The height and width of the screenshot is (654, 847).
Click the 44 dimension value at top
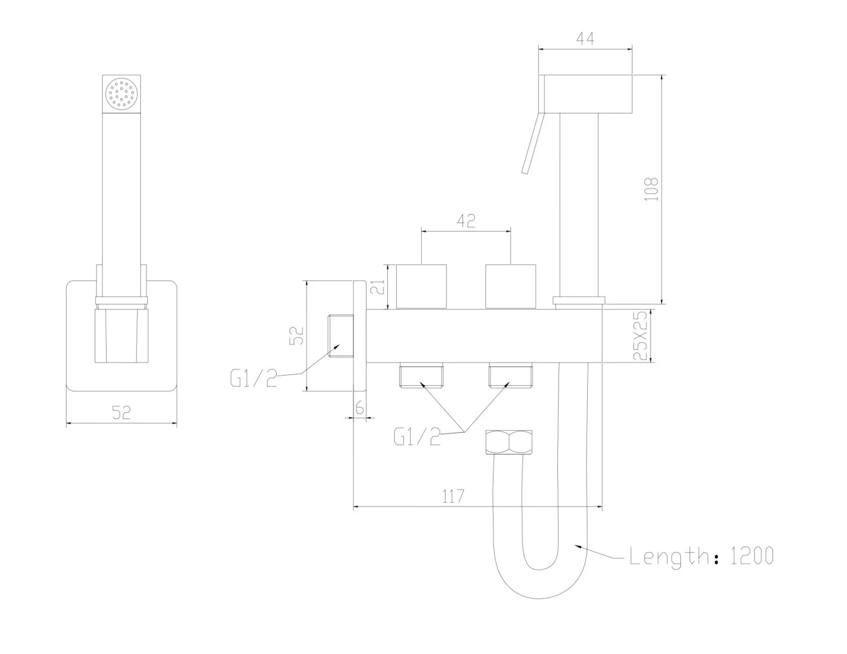click(x=585, y=40)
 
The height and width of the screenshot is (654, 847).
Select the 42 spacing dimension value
click(x=466, y=221)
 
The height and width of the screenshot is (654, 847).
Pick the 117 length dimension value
click(x=453, y=496)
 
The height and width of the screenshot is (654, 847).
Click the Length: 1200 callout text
click(x=701, y=556)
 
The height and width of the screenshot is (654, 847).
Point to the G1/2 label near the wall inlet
click(x=254, y=377)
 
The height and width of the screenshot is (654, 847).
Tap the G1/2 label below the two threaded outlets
click(x=417, y=436)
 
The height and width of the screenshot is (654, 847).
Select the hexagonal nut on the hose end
click(x=509, y=442)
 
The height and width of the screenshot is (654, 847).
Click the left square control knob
click(x=422, y=286)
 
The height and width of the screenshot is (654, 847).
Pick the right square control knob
click(x=510, y=286)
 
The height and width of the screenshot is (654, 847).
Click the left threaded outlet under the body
click(x=422, y=376)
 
